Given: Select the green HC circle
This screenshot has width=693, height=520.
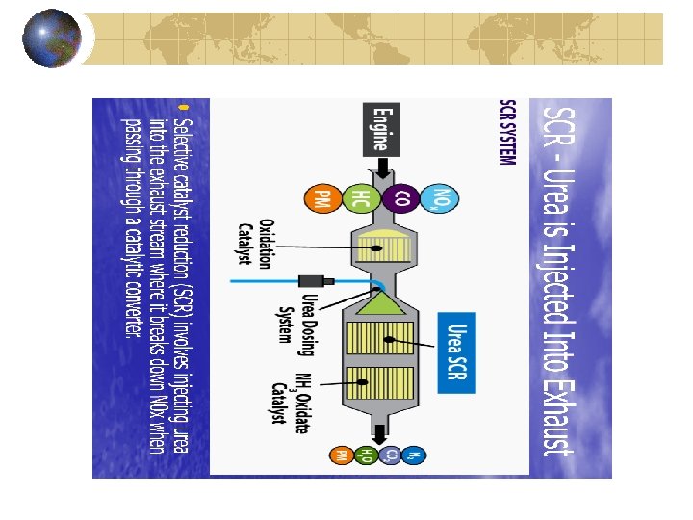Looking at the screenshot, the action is coord(356,200).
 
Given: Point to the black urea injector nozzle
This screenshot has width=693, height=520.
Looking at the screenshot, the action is coord(329,281).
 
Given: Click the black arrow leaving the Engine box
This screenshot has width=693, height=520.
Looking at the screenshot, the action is coord(381,169).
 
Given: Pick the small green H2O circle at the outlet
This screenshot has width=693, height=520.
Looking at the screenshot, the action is coord(366,455).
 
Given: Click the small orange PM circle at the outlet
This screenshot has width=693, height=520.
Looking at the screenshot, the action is coord(341,455).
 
